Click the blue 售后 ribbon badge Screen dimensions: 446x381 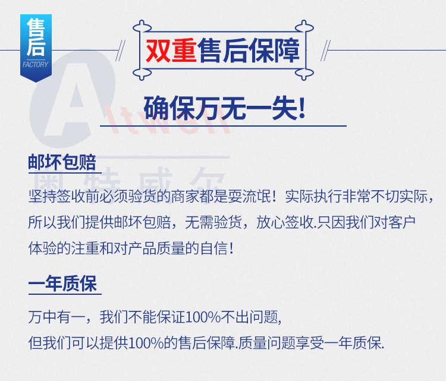(x=36, y=48)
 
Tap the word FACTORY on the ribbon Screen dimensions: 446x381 (x=36, y=65)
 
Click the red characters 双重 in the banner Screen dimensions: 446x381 (x=171, y=51)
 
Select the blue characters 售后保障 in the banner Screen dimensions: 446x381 (x=249, y=51)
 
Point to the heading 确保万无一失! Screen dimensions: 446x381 (x=224, y=108)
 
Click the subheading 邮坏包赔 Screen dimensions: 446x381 (x=62, y=162)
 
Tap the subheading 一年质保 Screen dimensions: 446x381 (x=62, y=284)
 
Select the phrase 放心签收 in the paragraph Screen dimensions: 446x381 (x=284, y=222)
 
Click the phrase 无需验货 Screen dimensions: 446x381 (x=213, y=222)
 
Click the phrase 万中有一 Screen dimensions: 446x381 (x=56, y=317)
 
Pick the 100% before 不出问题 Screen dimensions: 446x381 (x=203, y=317)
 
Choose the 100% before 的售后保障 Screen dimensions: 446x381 (x=146, y=343)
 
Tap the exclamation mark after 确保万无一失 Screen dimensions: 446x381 (x=301, y=108)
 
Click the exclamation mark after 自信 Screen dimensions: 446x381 (x=231, y=248)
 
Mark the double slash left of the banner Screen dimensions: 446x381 (x=120, y=51)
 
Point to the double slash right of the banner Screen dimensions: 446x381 (x=325, y=51)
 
